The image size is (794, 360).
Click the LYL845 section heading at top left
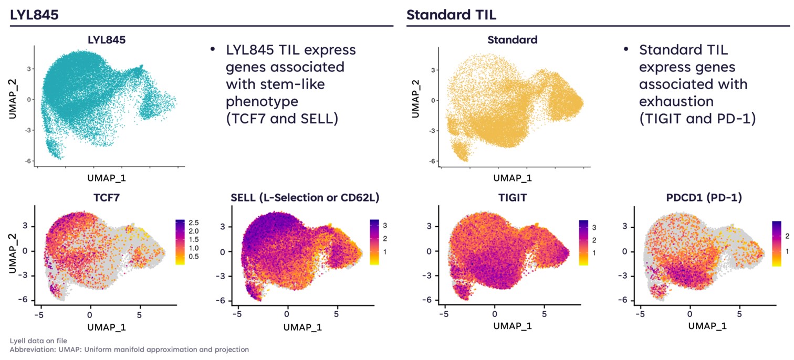pos(34,15)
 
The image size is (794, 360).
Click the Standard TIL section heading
pos(451,15)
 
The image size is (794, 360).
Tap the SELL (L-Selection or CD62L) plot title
pos(304,197)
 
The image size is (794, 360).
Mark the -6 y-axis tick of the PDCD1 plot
pos(624,300)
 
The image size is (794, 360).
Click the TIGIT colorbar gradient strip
pos(582,242)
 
